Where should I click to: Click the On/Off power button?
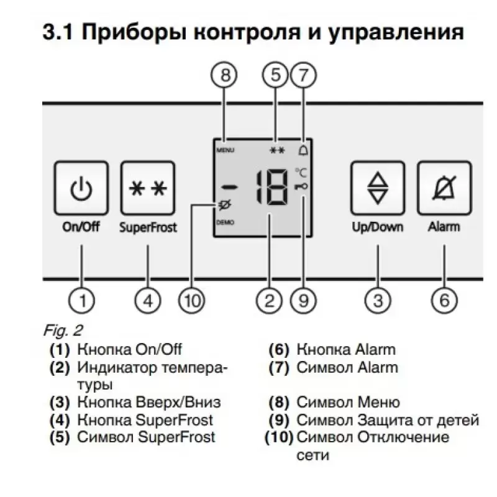[81, 188]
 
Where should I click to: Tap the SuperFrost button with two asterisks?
[148, 188]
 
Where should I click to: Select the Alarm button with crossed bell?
[444, 188]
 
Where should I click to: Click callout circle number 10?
[191, 301]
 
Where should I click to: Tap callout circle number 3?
[378, 301]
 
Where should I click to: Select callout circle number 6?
[444, 301]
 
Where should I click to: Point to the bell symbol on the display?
[303, 150]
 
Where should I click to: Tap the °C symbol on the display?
[301, 174]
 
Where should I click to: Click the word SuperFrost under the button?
[148, 227]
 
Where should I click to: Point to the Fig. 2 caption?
[63, 329]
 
